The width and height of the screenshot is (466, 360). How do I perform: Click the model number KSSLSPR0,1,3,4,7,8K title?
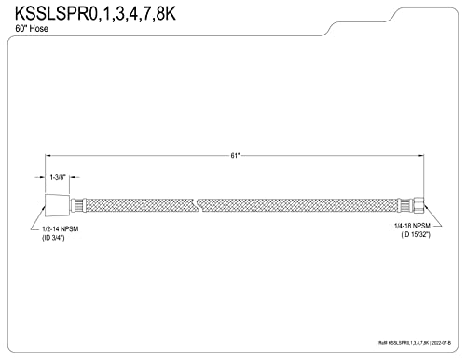95,14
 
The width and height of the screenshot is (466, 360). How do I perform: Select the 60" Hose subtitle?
32,29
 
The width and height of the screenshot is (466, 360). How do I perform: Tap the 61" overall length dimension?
235,156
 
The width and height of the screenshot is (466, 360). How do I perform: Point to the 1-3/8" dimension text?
58,177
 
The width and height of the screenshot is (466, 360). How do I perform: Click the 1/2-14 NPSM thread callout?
61,229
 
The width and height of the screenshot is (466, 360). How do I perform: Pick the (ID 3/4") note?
53,238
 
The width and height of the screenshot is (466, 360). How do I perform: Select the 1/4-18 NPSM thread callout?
412,226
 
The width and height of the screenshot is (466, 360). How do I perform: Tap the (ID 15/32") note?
416,235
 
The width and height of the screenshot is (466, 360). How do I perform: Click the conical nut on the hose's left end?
57,205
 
